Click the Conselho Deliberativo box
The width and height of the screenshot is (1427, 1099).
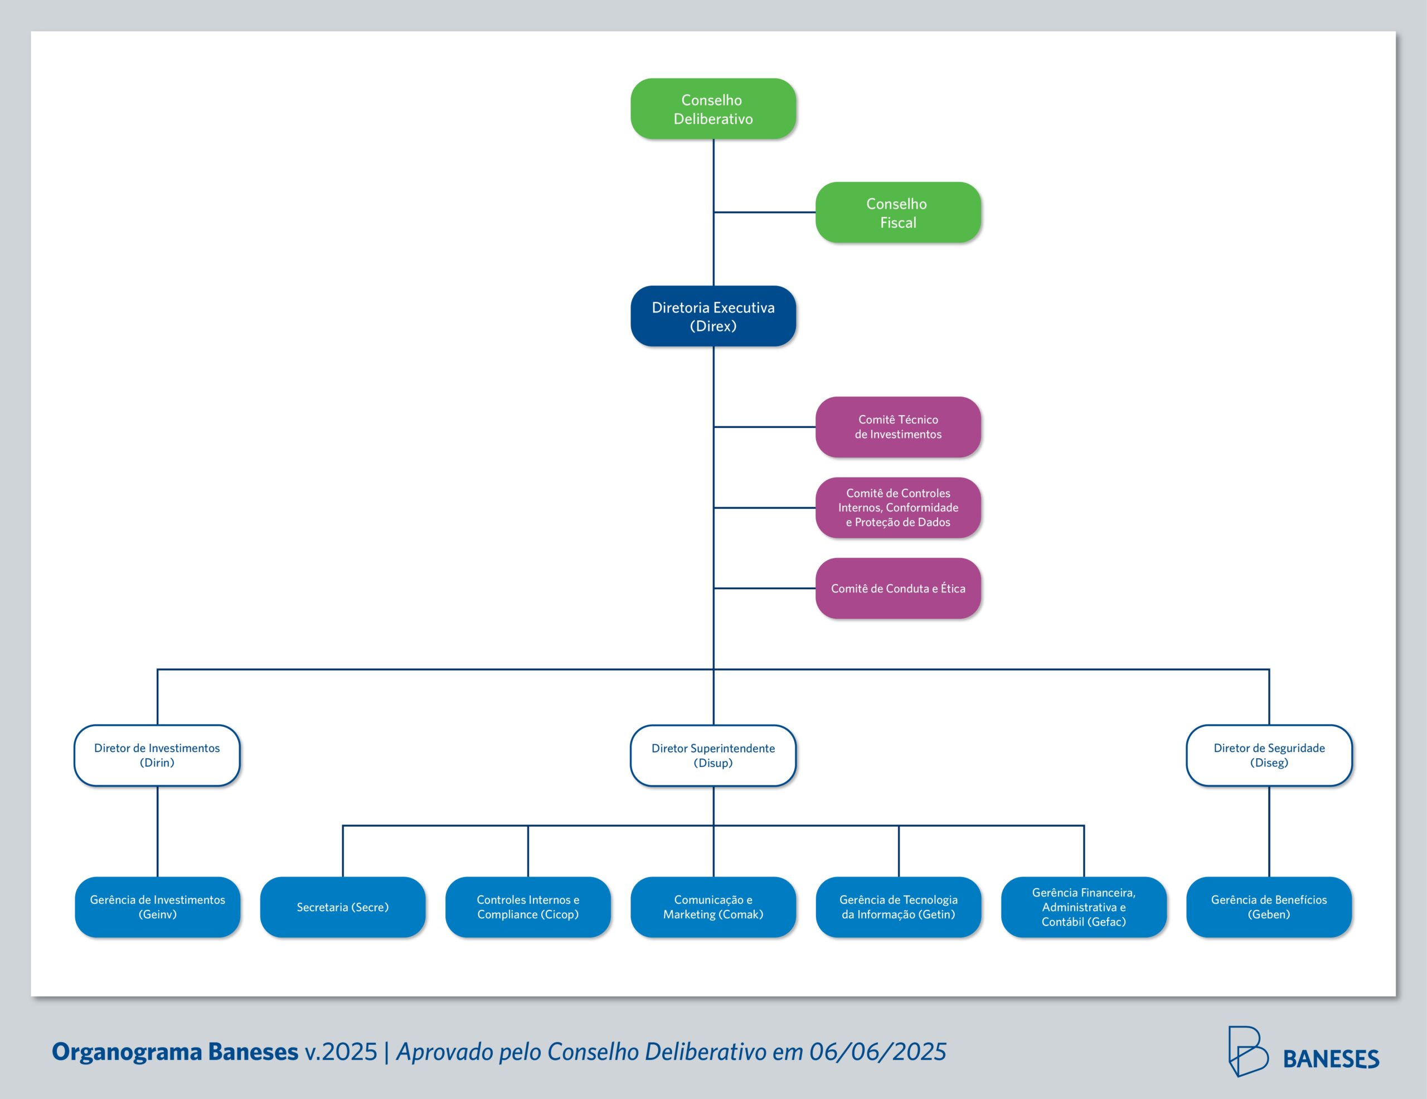[x=713, y=109]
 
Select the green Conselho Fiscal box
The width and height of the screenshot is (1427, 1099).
[x=898, y=213]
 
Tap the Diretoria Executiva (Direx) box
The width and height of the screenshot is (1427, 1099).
[x=713, y=316]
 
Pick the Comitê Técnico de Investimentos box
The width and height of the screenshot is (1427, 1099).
[x=898, y=427]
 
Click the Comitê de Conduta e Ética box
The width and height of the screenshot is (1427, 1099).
[x=898, y=589]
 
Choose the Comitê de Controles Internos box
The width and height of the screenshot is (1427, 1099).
[x=898, y=507]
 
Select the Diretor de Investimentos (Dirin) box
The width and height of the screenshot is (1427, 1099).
[x=157, y=755]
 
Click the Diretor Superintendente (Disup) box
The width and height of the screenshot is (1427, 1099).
[x=713, y=755]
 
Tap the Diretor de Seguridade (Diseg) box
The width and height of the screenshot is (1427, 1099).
[x=1269, y=755]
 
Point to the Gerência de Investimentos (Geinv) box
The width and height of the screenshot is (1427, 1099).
[x=157, y=907]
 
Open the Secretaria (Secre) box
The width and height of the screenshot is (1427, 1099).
[x=342, y=907]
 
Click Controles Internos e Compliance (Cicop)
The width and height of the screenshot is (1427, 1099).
[x=528, y=907]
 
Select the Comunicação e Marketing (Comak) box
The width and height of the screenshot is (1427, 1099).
[x=713, y=907]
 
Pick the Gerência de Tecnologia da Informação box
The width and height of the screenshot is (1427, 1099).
[x=899, y=907]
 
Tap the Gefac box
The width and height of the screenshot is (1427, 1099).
[x=1083, y=907]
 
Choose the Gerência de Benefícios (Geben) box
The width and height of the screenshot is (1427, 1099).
[x=1269, y=907]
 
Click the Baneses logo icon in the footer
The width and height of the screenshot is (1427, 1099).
[x=1248, y=1051]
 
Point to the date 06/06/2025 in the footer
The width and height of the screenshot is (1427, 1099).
[x=877, y=1052]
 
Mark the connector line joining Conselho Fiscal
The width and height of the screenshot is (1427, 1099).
[x=764, y=213]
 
